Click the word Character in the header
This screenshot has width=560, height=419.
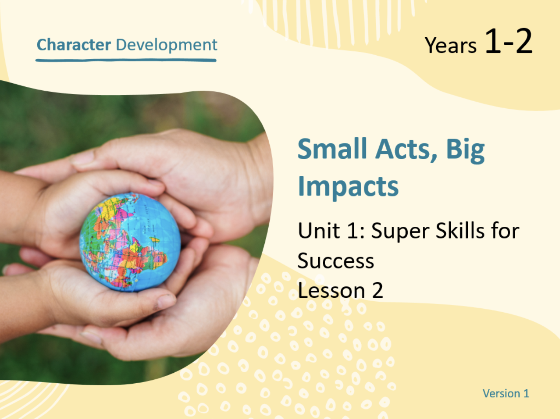(74, 45)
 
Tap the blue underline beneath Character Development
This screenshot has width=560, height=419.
(126, 60)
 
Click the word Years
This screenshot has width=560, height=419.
(450, 46)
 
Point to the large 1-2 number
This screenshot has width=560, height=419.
(509, 41)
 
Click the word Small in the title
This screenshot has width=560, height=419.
(332, 149)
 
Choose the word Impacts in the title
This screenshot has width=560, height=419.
(348, 188)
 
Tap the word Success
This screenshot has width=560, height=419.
(336, 261)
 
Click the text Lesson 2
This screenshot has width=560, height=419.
(340, 290)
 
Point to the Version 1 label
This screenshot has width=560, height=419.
(506, 393)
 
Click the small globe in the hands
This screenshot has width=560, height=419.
(130, 242)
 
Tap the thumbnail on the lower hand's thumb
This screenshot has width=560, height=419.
(166, 302)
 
